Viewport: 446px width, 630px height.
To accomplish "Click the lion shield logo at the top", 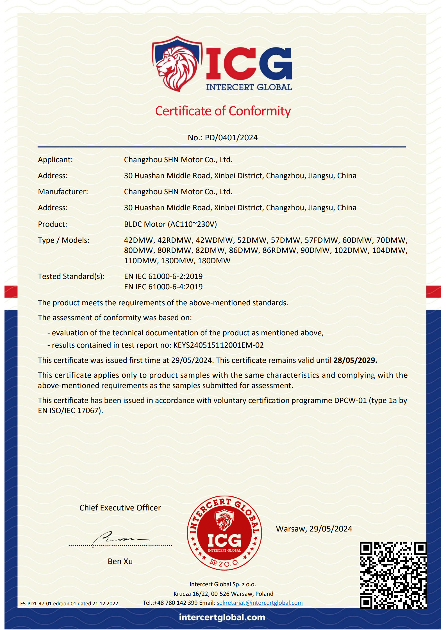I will coord(177,64).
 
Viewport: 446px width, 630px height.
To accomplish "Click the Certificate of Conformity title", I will coord(223,111).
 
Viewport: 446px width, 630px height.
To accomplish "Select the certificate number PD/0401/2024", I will coord(231,138).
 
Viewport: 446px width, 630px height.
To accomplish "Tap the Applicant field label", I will coord(55,160).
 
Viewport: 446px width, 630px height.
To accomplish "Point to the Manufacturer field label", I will coord(63,192).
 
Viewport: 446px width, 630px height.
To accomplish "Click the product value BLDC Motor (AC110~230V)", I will coord(170,224).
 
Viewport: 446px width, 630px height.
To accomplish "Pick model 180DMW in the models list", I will coord(214,261).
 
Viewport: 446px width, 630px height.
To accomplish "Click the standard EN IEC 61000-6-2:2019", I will coord(163,276).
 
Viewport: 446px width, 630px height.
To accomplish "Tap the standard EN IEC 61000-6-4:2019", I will coord(163,287).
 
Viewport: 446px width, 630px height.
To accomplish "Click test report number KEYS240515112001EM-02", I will coord(218,345).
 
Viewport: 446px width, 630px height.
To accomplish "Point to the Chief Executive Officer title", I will coord(120,508).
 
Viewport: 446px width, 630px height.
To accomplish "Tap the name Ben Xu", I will coord(120,561).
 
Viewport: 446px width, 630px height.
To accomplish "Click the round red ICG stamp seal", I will coord(224,533).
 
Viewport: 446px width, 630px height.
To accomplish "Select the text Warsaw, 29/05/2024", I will coord(314,529).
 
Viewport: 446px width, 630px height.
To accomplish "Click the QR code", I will coord(393,575).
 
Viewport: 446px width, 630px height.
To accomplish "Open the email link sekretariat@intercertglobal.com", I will coord(260,603).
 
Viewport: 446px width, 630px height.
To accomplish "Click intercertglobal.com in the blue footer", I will coord(222,617).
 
